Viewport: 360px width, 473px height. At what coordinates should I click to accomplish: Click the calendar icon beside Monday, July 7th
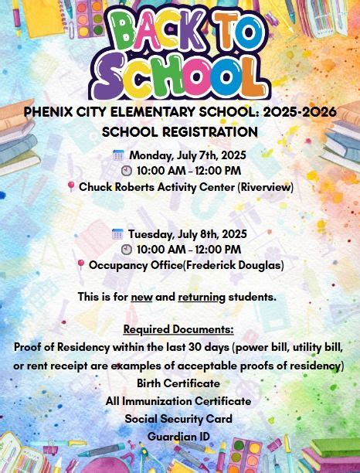118,155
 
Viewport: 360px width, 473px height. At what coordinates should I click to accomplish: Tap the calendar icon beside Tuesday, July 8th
117,233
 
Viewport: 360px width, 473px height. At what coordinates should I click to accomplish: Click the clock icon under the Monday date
126,171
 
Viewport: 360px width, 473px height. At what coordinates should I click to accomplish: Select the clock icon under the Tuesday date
126,250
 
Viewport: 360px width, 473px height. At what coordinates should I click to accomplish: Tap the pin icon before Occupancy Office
81,265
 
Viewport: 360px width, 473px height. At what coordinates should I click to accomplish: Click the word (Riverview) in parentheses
266,187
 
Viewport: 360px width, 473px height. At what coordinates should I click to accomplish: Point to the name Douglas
260,265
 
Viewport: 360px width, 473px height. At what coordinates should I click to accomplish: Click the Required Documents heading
178,329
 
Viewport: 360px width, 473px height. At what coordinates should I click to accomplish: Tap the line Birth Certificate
178,383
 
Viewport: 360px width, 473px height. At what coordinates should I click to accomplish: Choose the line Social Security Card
178,419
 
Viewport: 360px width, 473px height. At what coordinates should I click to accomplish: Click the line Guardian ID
178,437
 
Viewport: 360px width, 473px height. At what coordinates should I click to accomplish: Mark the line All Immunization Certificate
178,401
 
